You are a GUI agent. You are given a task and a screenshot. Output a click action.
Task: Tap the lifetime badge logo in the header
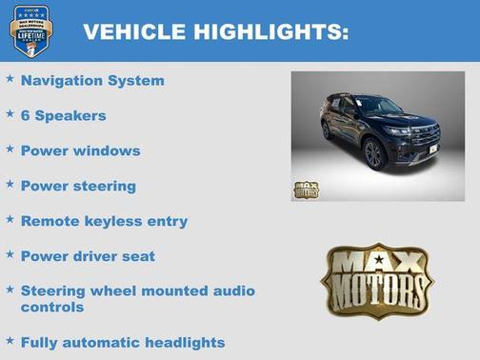click(x=30, y=30)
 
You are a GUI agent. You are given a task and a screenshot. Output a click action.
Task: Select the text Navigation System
click(x=92, y=81)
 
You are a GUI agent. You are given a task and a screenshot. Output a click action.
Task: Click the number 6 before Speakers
click(x=25, y=116)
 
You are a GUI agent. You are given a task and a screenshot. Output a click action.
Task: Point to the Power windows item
click(x=80, y=150)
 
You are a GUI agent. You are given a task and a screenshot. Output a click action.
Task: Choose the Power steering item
click(x=78, y=186)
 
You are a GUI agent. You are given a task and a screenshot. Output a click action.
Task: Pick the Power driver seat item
click(x=88, y=256)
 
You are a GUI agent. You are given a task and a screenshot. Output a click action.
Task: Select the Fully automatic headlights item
click(x=123, y=342)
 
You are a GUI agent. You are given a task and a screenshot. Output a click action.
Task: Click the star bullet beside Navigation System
click(x=10, y=79)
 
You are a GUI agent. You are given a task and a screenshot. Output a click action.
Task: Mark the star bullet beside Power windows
click(x=10, y=150)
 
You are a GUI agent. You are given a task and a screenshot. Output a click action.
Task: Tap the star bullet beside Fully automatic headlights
click(x=10, y=340)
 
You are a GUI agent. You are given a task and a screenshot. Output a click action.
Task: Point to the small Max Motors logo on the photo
click(x=306, y=189)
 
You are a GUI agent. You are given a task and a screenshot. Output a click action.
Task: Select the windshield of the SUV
click(x=379, y=106)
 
